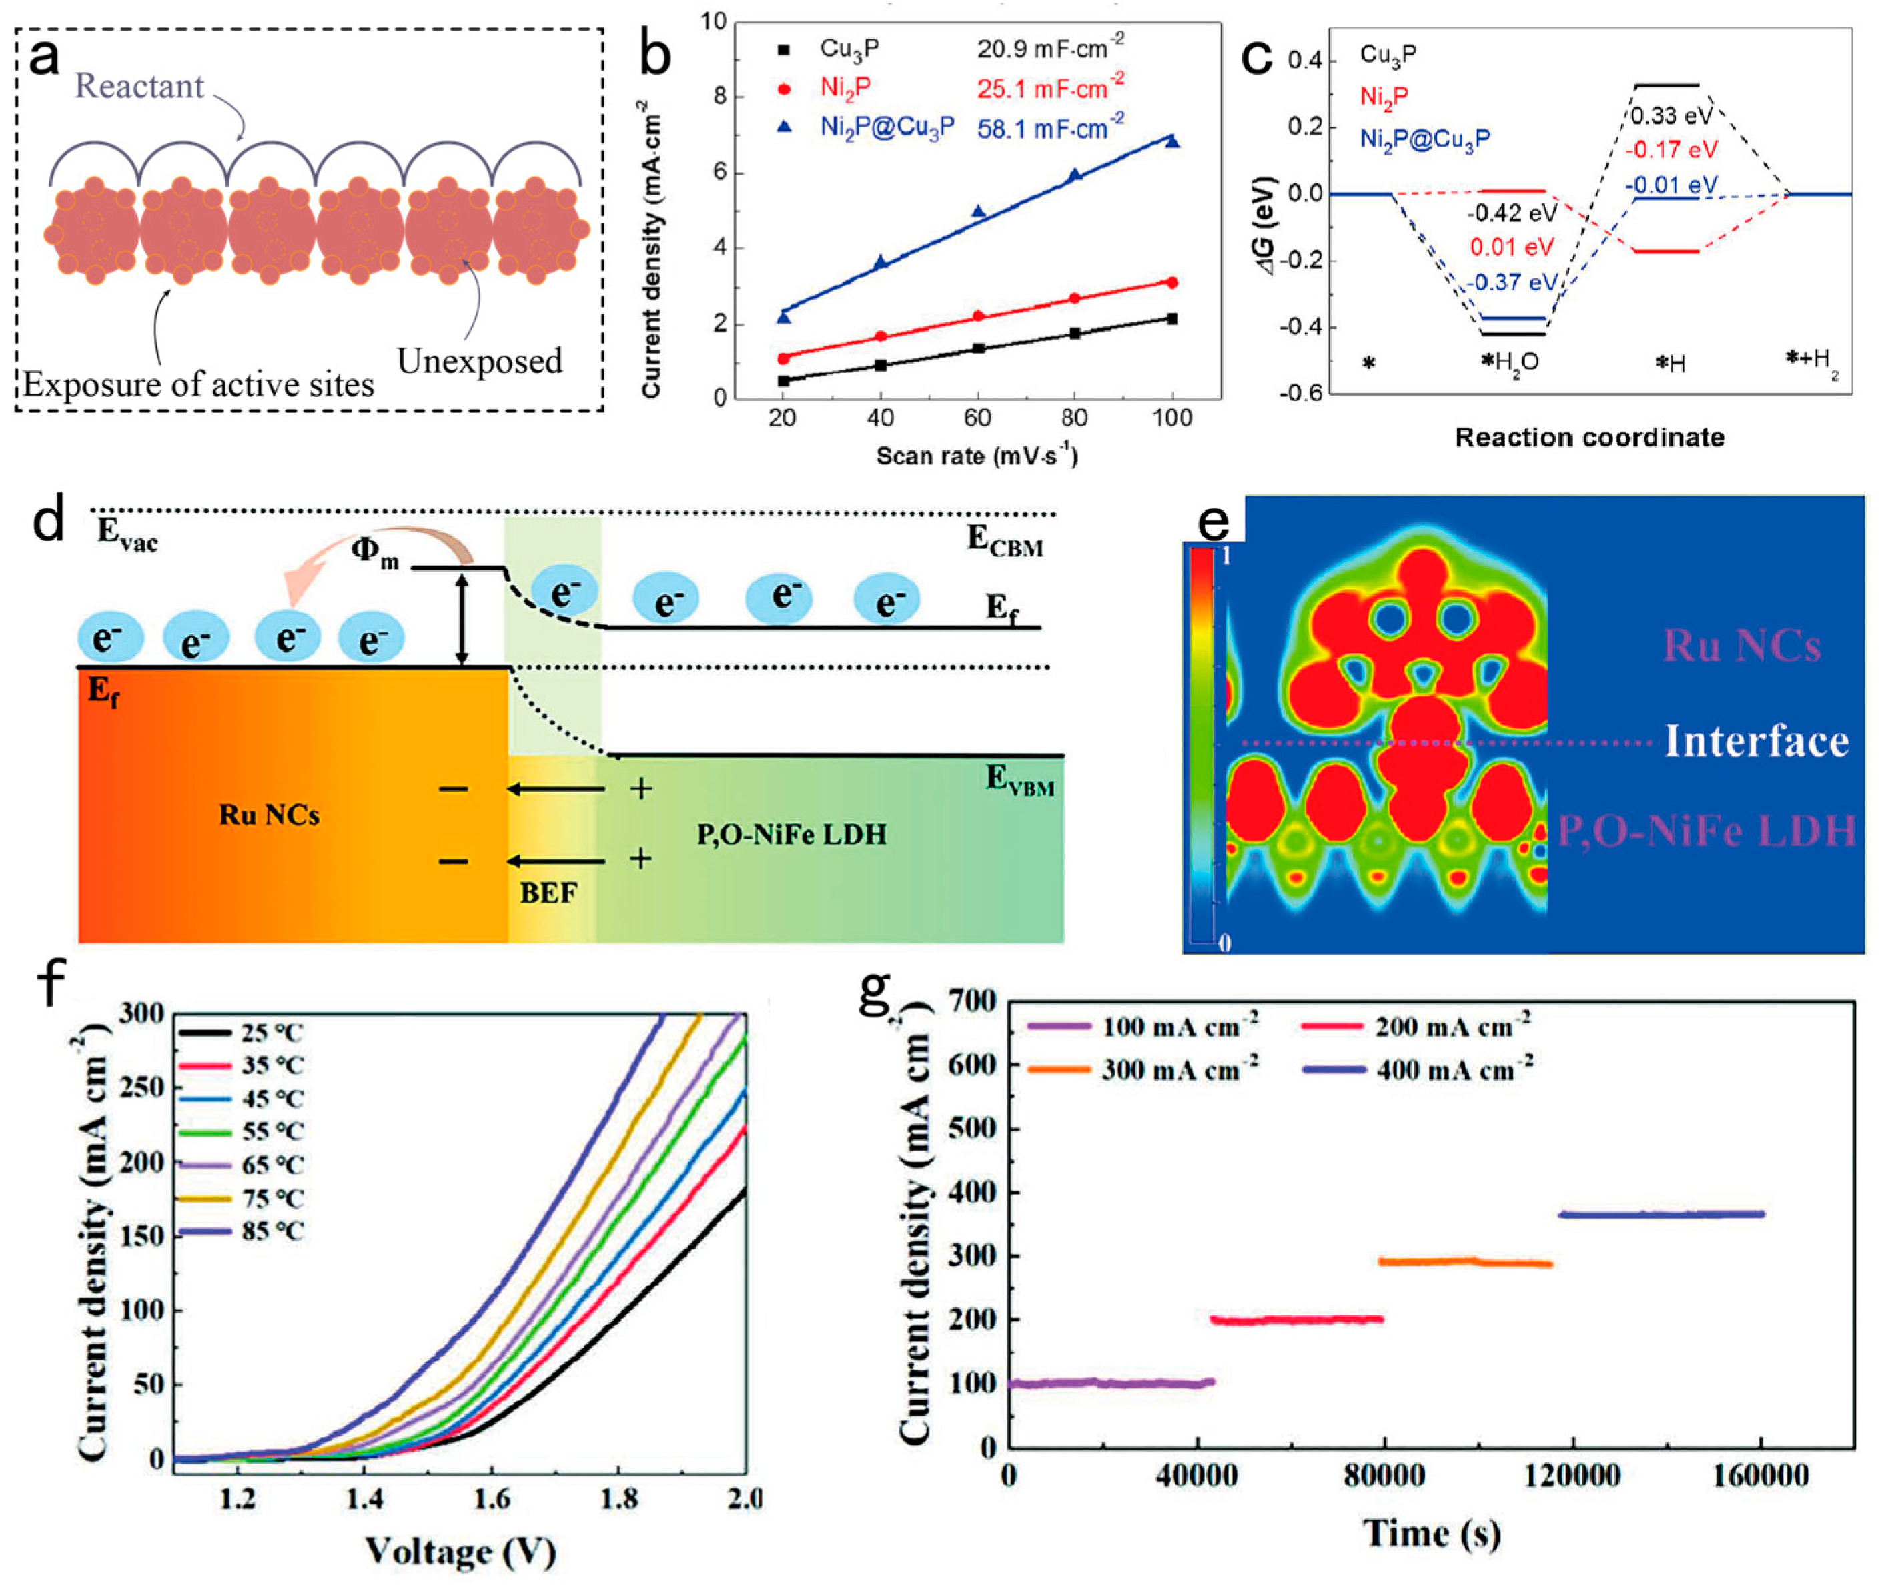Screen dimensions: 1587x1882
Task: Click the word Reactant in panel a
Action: (139, 86)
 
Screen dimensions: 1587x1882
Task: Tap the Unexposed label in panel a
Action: (480, 361)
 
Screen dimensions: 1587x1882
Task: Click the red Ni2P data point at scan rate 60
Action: (978, 316)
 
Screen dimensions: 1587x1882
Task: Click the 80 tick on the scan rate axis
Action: (1074, 418)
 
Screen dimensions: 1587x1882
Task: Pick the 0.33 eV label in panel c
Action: (1671, 117)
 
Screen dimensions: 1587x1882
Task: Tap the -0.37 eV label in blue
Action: (1511, 282)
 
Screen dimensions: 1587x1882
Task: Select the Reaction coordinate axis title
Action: (1590, 438)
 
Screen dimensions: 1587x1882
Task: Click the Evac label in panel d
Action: (127, 534)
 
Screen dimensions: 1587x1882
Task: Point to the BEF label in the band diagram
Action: (548, 893)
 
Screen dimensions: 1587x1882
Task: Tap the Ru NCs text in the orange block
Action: (269, 815)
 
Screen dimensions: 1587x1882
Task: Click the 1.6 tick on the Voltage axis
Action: (492, 1499)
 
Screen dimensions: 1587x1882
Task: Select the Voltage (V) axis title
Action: (460, 1552)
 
